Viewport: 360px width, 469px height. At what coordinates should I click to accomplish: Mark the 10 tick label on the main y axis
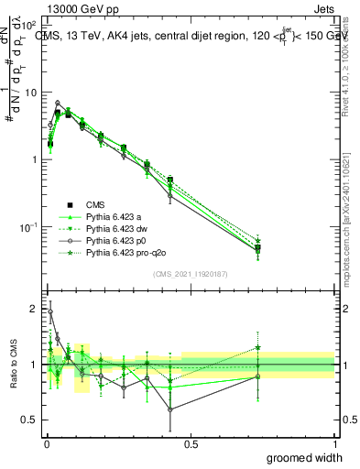click(29, 92)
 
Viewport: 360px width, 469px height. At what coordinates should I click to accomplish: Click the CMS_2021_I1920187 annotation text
click(190, 273)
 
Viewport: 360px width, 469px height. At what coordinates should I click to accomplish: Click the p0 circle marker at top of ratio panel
click(49, 311)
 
